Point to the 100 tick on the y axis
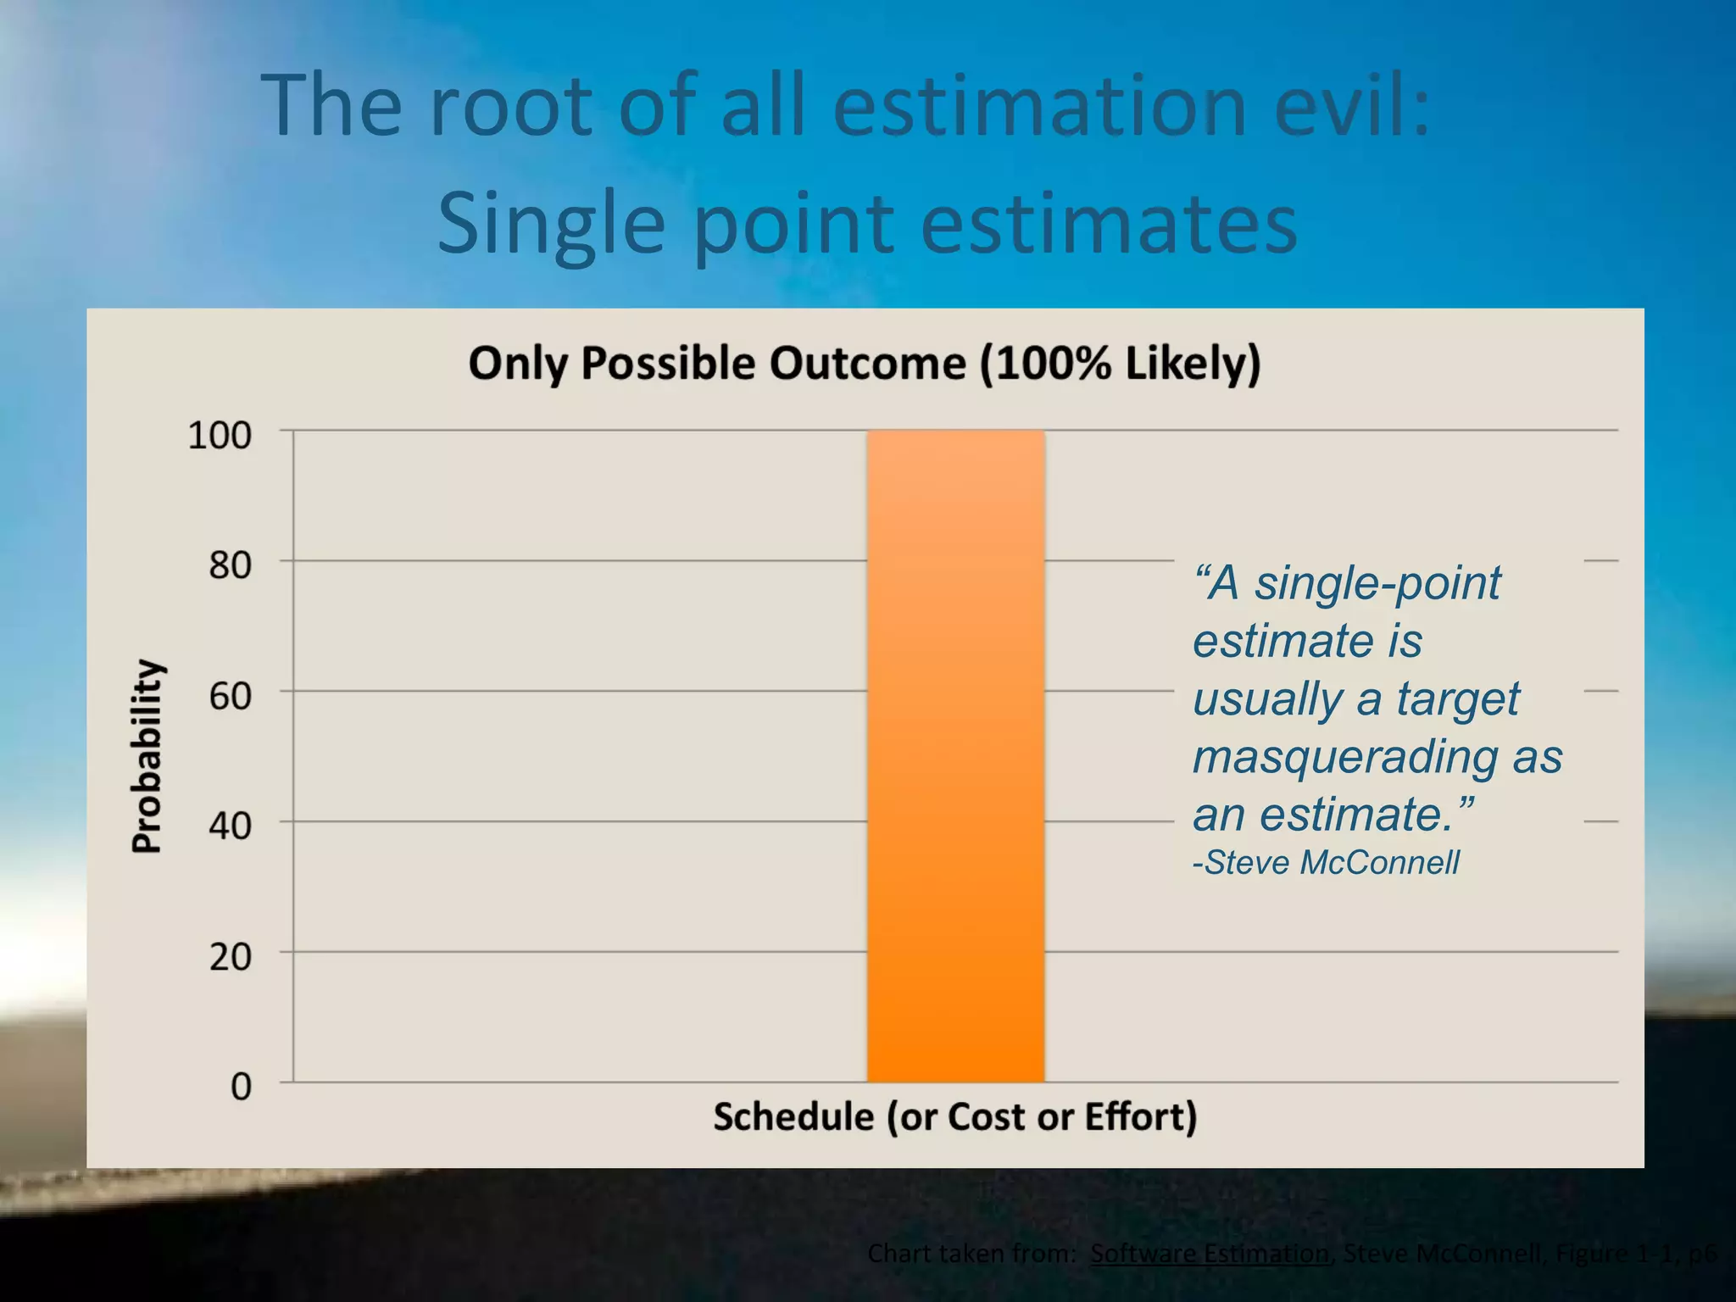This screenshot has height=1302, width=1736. [220, 436]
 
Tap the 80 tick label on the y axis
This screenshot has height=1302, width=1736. [231, 565]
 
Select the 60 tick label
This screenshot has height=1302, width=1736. [231, 696]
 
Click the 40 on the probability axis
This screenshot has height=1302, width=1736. [231, 826]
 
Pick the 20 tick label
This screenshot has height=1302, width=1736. [231, 957]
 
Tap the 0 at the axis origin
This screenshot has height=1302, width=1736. [242, 1087]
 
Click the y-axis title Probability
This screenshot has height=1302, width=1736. [147, 755]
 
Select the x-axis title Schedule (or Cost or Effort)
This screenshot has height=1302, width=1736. [955, 1116]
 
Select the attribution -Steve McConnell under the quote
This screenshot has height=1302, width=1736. [1326, 863]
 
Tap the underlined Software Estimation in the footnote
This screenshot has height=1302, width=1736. [1209, 1253]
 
